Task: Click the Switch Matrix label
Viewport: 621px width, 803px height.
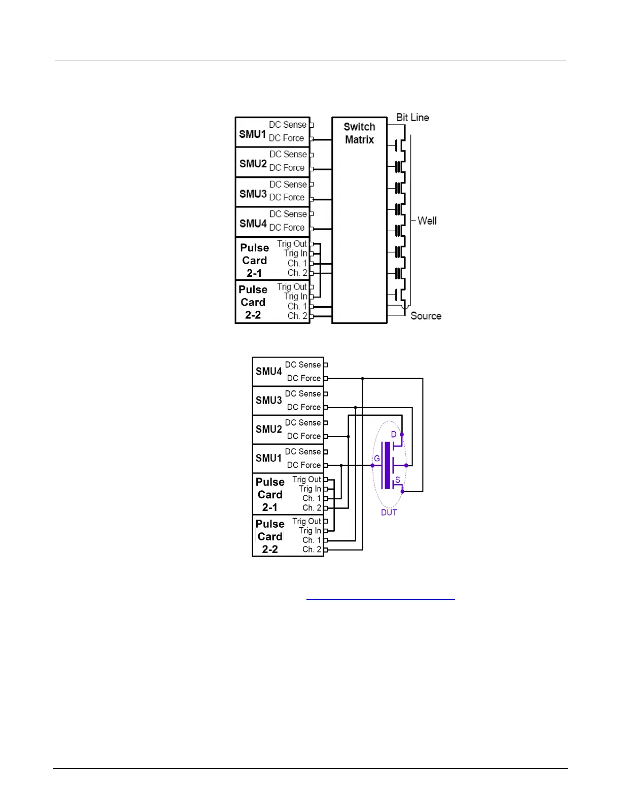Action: click(359, 133)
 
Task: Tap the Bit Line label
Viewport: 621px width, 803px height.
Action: click(412, 118)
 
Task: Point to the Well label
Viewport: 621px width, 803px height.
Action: click(427, 221)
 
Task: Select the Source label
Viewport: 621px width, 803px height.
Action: click(426, 316)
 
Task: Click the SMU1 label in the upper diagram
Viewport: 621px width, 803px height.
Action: click(252, 134)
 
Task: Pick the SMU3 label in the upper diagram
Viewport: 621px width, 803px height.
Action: click(253, 194)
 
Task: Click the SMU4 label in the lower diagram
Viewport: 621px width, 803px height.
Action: click(268, 372)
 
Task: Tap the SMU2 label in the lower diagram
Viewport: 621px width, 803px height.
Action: click(268, 429)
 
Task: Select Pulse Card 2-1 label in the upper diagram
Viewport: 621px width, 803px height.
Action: click(254, 261)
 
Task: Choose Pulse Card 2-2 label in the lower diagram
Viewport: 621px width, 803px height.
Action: click(269, 536)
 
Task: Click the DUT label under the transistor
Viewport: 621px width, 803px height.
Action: click(389, 513)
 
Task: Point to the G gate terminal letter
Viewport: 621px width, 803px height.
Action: click(376, 459)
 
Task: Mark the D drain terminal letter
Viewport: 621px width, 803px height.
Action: click(393, 434)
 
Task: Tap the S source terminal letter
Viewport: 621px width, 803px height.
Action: click(397, 480)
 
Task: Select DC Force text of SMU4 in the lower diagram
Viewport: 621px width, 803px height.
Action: click(303, 378)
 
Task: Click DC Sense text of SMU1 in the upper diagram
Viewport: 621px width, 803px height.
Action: click(288, 125)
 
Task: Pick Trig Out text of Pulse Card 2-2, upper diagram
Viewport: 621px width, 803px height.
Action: click(292, 287)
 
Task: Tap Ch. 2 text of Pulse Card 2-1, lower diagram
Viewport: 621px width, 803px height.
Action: click(312, 508)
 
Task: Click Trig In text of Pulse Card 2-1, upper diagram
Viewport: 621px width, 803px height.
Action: click(295, 253)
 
